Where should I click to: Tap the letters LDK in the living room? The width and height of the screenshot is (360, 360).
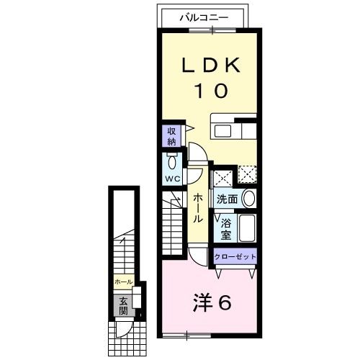210,65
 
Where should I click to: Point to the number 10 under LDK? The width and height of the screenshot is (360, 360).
210,91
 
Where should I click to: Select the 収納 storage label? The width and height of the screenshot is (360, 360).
172,137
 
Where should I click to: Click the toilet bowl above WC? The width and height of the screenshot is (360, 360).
172,161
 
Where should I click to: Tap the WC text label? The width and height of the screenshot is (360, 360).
172,177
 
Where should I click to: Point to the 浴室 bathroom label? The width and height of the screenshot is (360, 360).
225,229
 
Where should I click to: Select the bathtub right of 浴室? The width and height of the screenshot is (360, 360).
247,229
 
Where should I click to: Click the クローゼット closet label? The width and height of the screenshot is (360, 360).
235,256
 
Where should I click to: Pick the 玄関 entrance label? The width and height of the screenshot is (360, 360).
123,306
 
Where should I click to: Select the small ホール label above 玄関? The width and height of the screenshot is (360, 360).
122,282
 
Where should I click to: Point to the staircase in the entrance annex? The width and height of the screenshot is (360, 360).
125,248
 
